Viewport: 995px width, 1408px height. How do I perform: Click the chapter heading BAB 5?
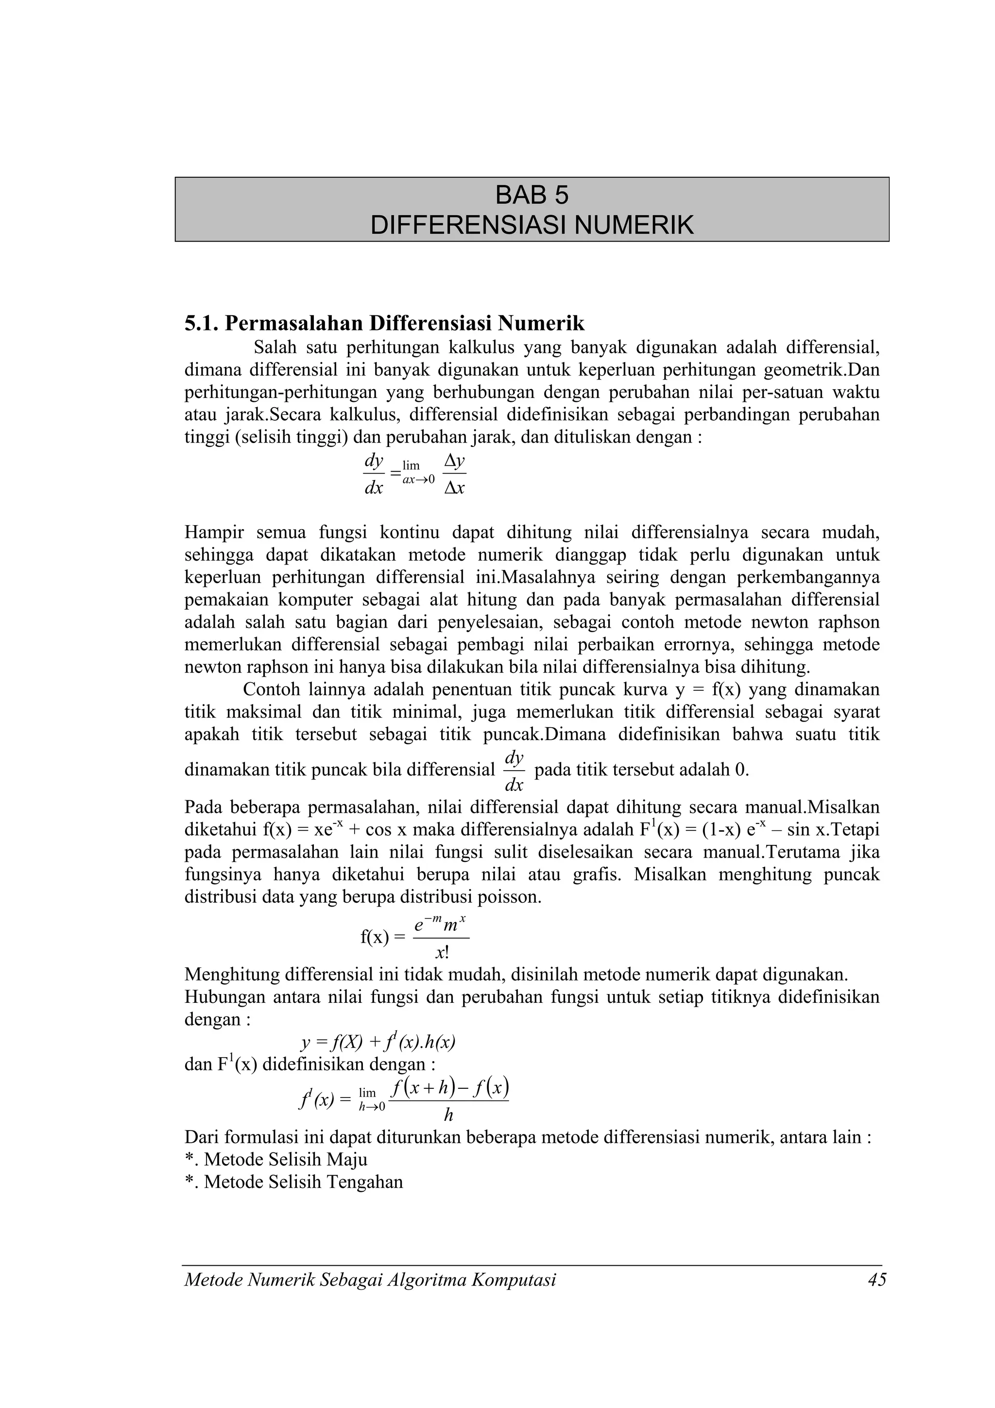(532, 196)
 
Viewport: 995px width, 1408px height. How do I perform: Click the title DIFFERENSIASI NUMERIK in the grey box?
(532, 225)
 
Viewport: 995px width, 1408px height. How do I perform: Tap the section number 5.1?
(202, 323)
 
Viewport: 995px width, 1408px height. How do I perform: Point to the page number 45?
(876, 1280)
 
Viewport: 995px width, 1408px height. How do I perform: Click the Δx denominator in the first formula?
(454, 488)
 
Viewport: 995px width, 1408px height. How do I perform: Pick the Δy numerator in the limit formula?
(454, 461)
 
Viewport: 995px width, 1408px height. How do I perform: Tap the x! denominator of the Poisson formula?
(442, 953)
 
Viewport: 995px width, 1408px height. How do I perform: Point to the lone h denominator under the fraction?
(448, 1115)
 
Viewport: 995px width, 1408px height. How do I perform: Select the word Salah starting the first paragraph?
(275, 348)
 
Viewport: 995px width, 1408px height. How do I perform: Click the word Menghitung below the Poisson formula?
(230, 975)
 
